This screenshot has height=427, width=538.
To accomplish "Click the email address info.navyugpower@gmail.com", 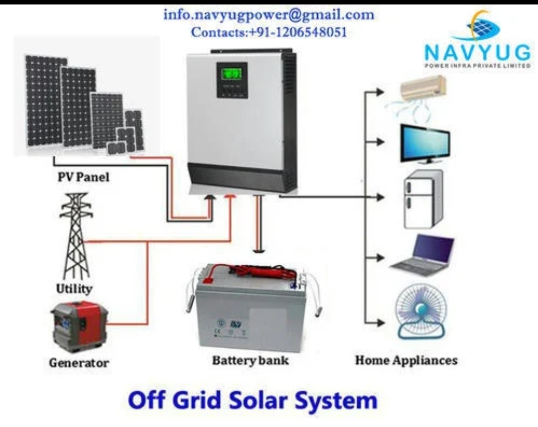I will point(269,15).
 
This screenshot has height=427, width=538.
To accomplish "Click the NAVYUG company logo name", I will point(477,51).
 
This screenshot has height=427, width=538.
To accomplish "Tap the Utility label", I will point(74,288).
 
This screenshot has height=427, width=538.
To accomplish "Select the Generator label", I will point(79,362).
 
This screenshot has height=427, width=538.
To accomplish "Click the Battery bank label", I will point(250,360).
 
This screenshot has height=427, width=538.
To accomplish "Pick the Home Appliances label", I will point(406,360).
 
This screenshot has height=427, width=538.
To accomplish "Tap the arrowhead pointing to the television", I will point(380,142).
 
